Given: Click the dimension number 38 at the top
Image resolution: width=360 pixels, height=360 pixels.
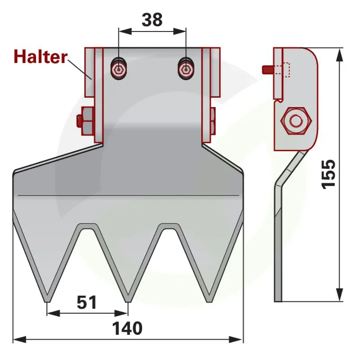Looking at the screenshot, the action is click(x=152, y=20).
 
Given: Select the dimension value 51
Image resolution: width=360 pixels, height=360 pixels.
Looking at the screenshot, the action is click(x=87, y=302).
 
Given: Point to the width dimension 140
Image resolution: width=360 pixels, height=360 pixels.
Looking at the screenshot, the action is click(x=127, y=328).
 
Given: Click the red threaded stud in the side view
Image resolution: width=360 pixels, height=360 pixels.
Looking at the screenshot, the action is click(x=268, y=70).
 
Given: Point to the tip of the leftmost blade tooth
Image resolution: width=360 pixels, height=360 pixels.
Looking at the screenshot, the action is click(x=48, y=301).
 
